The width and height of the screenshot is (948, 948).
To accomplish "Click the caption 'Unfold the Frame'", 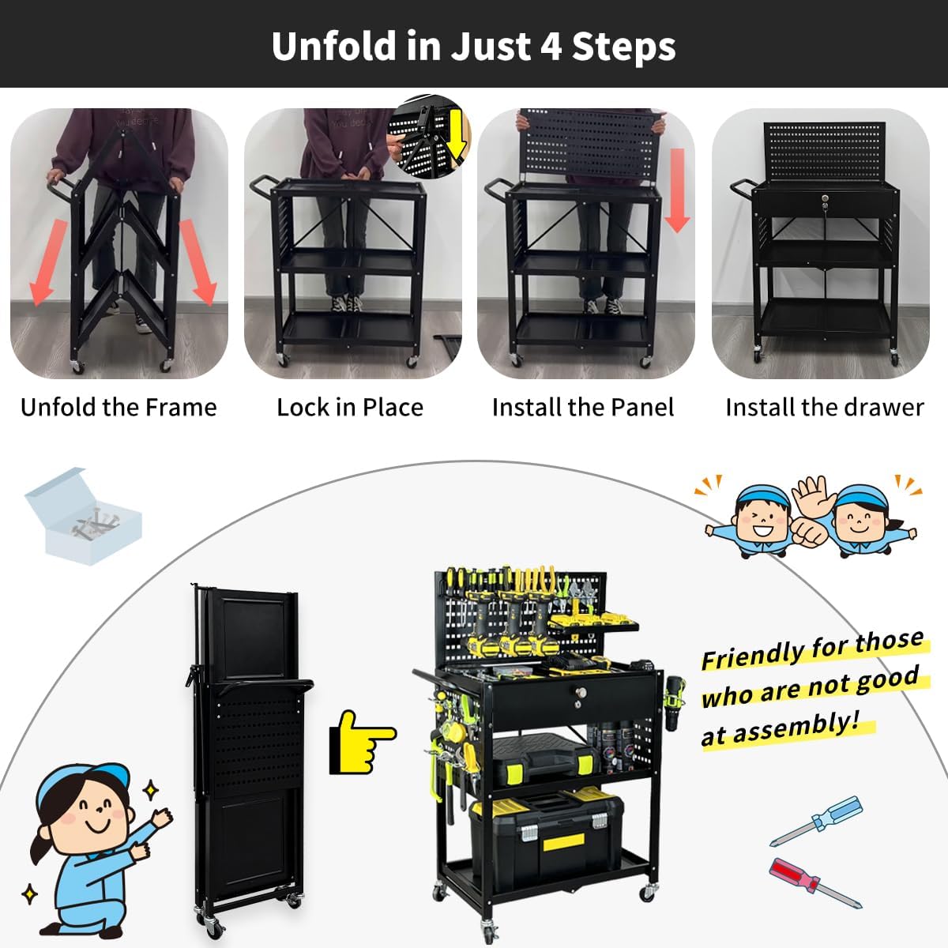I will tap(118, 408).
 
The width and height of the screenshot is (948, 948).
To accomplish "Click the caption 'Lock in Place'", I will tap(350, 408).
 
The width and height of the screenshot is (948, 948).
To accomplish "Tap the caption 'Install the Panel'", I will tap(583, 408).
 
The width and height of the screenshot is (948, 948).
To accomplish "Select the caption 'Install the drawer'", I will tap(825, 408).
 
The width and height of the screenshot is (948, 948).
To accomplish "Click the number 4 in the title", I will tap(551, 46).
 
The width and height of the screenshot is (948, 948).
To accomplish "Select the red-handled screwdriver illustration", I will tap(814, 881).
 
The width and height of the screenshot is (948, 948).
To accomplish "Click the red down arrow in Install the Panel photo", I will tap(676, 190).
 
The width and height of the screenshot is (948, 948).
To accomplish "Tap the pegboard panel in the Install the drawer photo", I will tap(825, 150).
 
